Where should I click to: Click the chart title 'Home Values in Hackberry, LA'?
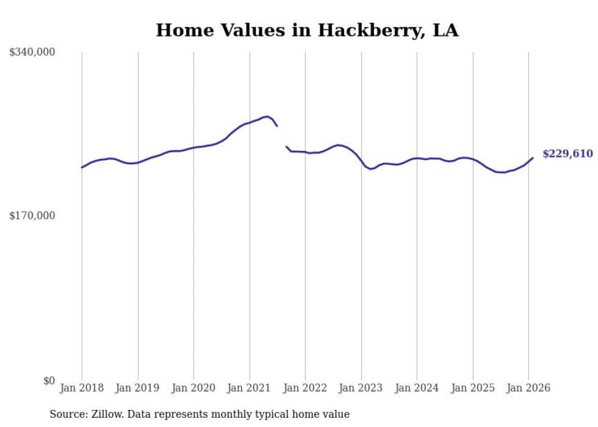click(307, 30)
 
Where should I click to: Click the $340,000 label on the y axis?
click(32, 53)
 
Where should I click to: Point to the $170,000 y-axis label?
click(32, 216)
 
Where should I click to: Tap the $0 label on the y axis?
click(49, 381)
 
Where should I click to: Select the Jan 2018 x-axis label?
click(82, 388)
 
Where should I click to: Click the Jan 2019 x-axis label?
click(138, 388)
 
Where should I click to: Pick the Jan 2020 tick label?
click(193, 388)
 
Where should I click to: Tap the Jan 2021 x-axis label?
click(250, 388)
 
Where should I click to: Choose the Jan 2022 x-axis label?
click(305, 388)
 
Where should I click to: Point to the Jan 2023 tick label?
click(361, 388)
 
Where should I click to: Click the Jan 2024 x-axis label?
click(417, 388)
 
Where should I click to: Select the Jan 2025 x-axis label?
click(473, 388)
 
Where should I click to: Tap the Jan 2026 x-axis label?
click(528, 388)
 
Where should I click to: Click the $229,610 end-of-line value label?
click(567, 154)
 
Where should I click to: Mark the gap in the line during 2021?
click(282, 136)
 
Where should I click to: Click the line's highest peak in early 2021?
click(267, 116)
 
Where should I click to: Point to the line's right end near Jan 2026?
click(533, 158)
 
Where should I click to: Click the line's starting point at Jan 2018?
click(82, 167)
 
